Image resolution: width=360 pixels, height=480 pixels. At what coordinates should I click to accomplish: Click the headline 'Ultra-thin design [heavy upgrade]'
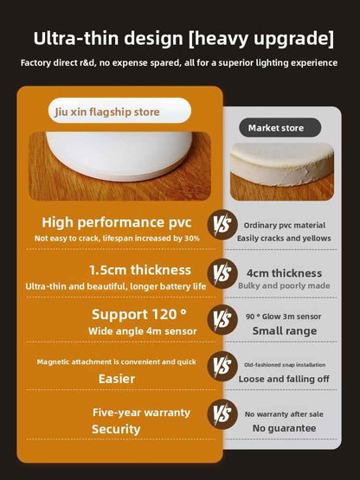point(183,38)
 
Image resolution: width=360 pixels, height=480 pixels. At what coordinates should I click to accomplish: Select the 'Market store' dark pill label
point(276,128)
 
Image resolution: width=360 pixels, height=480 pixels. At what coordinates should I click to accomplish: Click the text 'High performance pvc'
point(116,222)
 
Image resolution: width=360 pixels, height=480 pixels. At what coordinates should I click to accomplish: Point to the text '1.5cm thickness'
point(116,270)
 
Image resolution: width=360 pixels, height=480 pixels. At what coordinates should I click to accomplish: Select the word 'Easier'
point(116,378)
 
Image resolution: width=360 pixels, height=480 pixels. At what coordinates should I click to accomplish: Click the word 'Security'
point(116,429)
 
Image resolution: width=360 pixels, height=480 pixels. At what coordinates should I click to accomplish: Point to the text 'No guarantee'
point(284,428)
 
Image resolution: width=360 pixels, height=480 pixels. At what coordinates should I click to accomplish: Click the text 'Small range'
point(284,330)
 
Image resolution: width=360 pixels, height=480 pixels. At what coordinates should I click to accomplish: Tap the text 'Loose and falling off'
point(284,379)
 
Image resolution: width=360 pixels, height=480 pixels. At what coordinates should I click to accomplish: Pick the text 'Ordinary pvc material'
point(284,224)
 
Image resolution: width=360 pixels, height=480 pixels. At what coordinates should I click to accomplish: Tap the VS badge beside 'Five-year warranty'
point(222,415)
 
